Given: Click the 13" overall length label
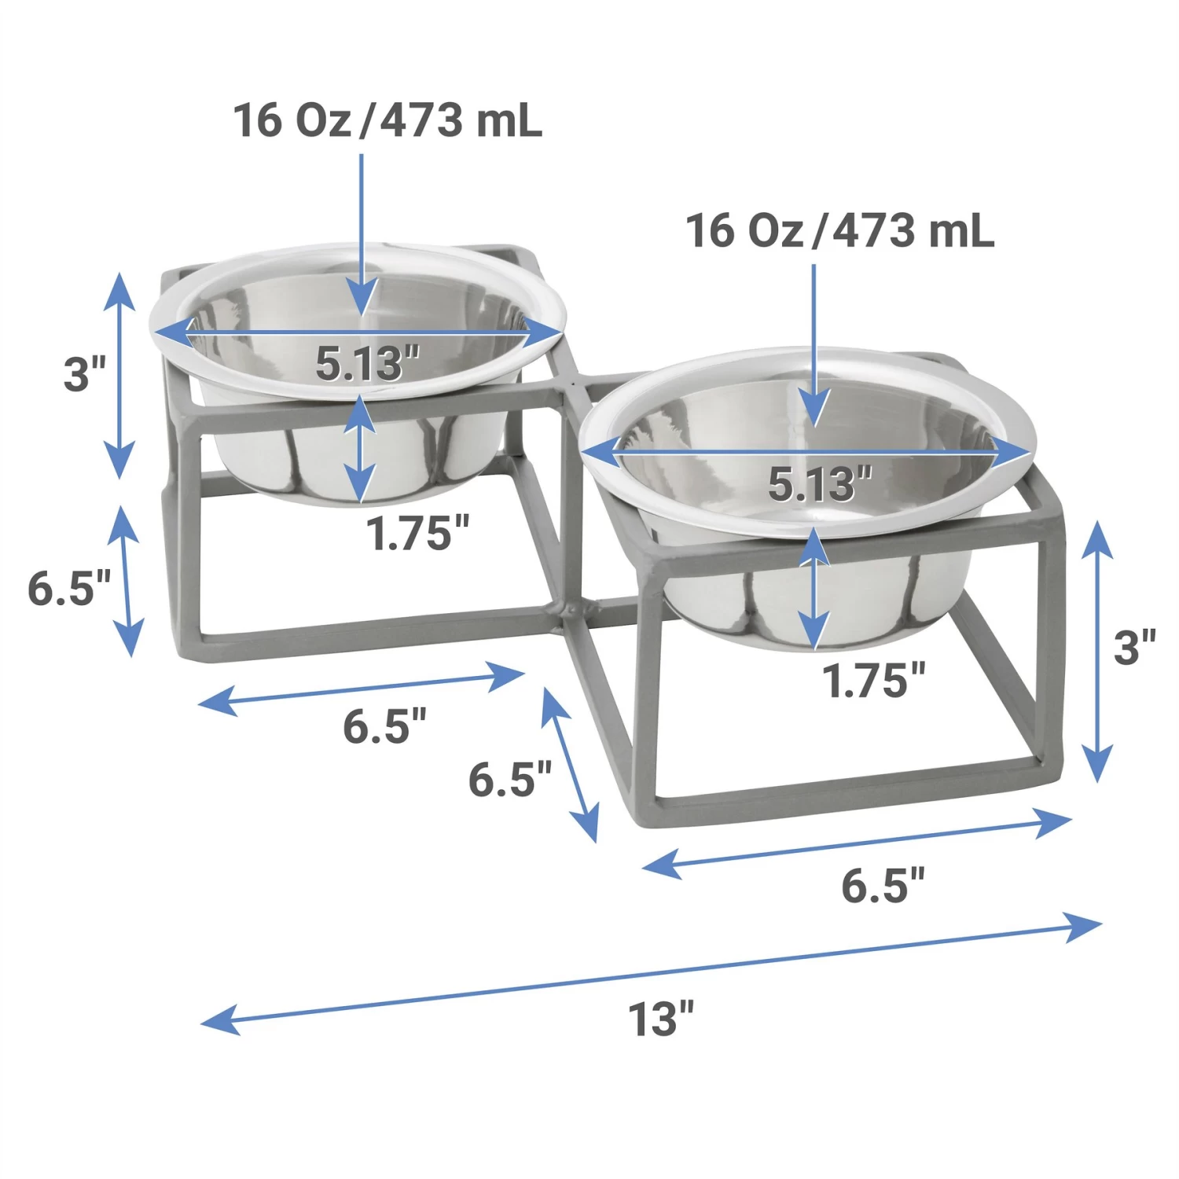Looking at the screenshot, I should point(661,1019).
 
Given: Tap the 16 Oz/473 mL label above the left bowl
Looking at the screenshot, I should point(387,121).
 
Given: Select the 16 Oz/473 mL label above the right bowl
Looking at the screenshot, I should point(839,231).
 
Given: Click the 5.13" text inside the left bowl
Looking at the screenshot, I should point(367,363).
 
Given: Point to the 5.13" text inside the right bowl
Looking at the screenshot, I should point(820,483).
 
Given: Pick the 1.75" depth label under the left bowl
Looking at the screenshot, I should point(417,534).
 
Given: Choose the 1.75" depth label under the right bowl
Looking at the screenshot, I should point(873,681).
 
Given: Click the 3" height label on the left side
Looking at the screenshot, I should point(84,373).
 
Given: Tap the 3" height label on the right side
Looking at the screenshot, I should point(1134,648).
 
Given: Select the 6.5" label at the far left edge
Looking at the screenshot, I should point(69,588).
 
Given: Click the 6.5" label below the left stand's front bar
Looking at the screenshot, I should point(384,726).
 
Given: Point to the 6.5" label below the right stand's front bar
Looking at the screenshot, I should point(883,886).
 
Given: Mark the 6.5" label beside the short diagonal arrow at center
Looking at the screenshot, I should point(509,780).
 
